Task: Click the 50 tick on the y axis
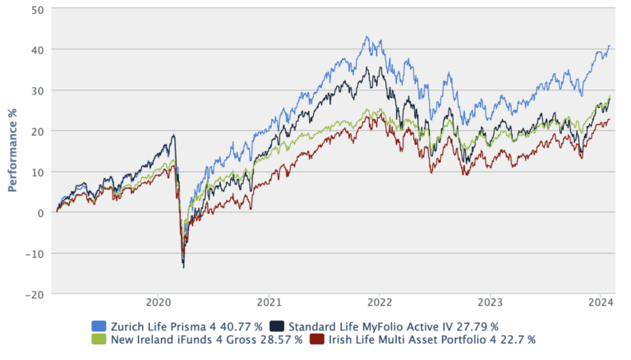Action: pos(39,9)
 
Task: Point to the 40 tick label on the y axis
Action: pos(39,49)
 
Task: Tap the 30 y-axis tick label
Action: pos(39,90)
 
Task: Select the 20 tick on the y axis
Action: pos(39,131)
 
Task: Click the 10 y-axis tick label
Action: pos(39,172)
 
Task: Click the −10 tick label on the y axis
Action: pos(35,253)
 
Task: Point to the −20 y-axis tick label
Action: pos(35,293)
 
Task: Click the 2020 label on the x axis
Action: pos(158,301)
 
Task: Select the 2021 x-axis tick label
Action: pos(269,301)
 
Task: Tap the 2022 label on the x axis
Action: pos(380,301)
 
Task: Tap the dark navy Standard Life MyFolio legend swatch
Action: pos(277,326)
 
